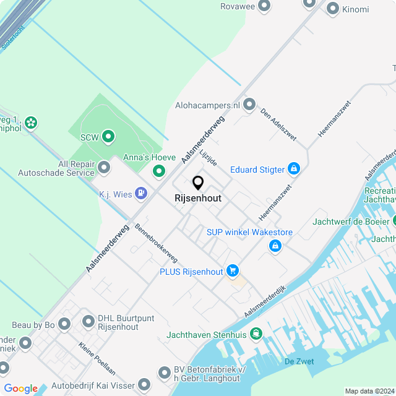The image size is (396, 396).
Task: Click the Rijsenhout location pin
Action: click(198, 183)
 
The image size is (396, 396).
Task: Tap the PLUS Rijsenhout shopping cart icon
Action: click(233, 270)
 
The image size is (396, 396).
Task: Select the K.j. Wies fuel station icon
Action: click(142, 194)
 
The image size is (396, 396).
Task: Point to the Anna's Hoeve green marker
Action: click(158, 171)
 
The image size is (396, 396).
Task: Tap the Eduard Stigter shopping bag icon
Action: click(294, 168)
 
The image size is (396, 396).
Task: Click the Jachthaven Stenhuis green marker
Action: click(256, 334)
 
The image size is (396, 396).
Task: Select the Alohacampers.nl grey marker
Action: click(249, 105)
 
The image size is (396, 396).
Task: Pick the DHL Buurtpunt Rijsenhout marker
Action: click(88, 322)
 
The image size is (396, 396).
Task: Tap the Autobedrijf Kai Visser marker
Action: click(144, 385)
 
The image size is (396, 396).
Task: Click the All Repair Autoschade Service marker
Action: click(104, 167)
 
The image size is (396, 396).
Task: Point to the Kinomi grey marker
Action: click(333, 9)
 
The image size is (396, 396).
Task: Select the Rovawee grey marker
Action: click(265, 6)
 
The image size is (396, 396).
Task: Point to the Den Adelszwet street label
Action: click(278, 124)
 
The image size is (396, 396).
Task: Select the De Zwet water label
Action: click(299, 361)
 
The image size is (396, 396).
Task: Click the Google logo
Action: click(21, 388)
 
